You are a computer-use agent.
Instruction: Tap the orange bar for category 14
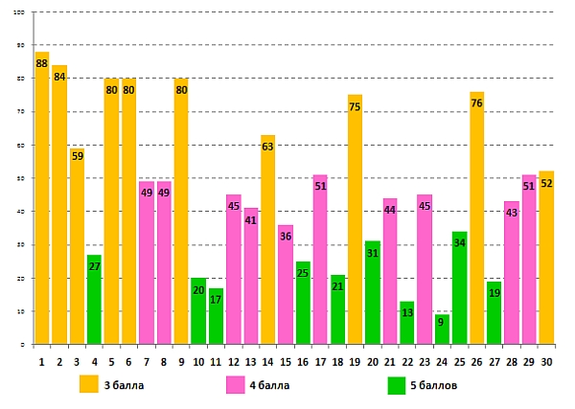[x=268, y=239]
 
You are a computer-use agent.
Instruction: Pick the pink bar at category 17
[x=320, y=260]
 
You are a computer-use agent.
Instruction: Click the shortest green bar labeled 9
[x=442, y=329]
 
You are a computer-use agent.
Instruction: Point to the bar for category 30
[x=546, y=258]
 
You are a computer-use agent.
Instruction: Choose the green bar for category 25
[x=459, y=287]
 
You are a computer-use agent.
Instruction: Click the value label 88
[x=41, y=63]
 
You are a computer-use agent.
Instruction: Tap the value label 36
[x=286, y=237]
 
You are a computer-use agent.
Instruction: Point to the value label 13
[x=407, y=313]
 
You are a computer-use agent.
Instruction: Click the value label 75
[x=355, y=107]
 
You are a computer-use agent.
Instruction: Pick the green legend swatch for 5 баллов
[x=397, y=385]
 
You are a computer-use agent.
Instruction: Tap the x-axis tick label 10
[x=198, y=361]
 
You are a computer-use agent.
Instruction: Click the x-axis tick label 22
[x=407, y=361]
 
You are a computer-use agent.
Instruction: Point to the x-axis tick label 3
[x=77, y=361]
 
